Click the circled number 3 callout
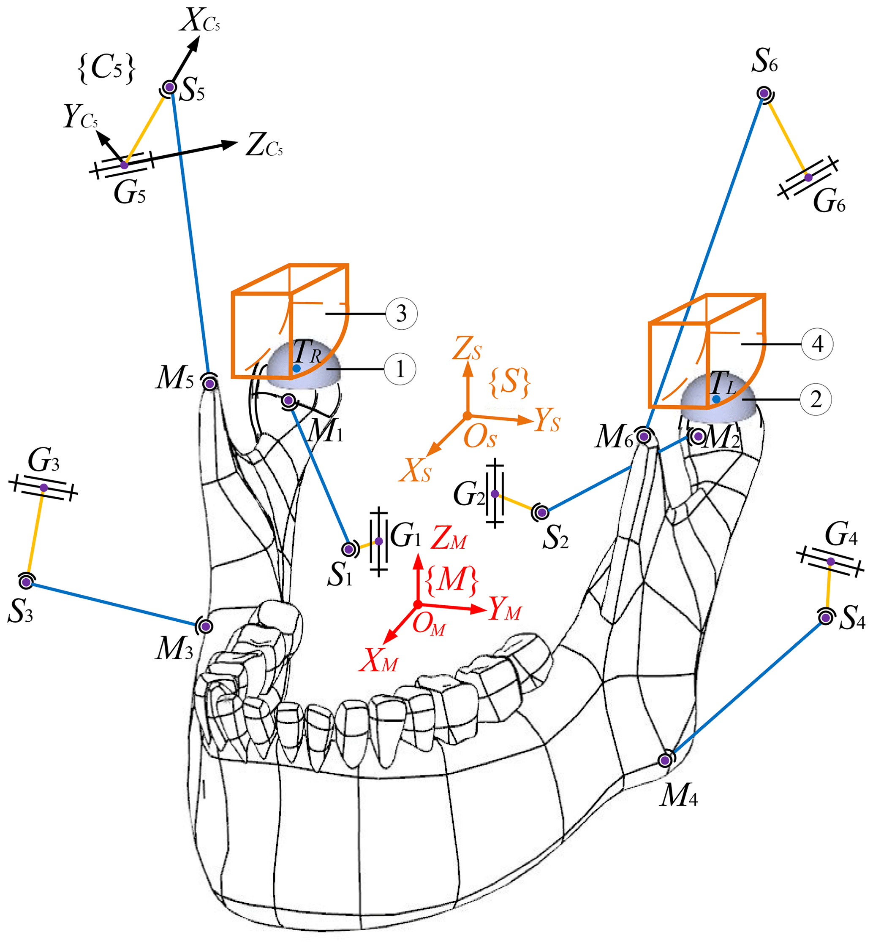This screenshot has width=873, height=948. coord(401,313)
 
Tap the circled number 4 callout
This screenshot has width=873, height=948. coord(817,344)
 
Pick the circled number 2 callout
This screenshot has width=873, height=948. coord(816,399)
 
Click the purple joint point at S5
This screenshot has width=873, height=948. coord(170,87)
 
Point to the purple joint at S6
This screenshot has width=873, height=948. coord(764,93)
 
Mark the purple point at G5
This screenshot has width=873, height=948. coord(124,165)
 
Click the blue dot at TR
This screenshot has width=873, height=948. coord(296,368)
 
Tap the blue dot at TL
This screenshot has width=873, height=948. coord(716,399)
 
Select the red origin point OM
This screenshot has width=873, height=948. coord(418,604)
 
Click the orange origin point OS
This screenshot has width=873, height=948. coord(467,415)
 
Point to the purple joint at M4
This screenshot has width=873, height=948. coord(665,760)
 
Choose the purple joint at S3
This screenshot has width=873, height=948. coord(27,582)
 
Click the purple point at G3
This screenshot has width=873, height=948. coord(44,487)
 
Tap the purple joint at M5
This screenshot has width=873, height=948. coord(210,384)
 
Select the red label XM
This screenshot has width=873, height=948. coord(378,660)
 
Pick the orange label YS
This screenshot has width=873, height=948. coord(547,420)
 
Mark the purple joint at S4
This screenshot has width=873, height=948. coord(825,617)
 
